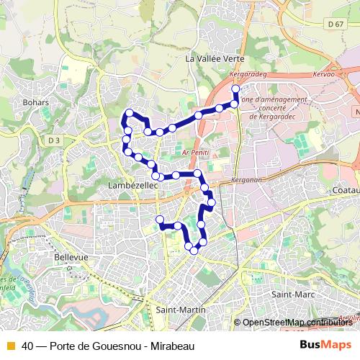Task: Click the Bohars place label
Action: (35, 102)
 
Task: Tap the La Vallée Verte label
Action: (215, 58)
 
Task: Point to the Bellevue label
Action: (71, 256)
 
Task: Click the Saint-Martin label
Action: (180, 310)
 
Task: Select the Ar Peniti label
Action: (194, 153)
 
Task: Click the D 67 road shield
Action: (333, 24)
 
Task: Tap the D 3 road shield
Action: (55, 139)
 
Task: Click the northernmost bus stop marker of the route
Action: (235, 89)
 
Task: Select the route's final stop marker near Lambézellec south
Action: (160, 220)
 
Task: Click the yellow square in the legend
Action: (9, 346)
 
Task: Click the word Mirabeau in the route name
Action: (174, 346)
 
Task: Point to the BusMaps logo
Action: (325, 345)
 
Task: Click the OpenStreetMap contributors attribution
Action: (296, 323)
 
